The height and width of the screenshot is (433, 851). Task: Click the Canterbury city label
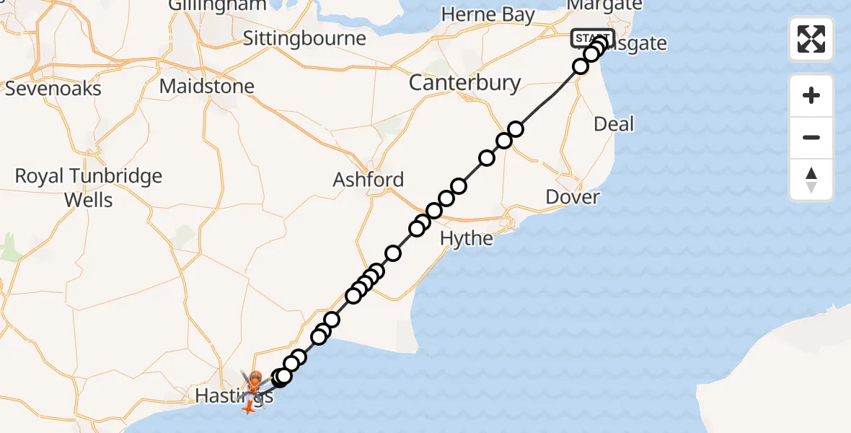coord(464,83)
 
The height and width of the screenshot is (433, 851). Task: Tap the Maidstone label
coord(207,87)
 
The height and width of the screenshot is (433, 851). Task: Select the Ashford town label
coord(369,180)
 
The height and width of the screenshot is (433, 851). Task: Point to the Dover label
coord(573,197)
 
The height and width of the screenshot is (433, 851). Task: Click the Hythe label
coord(467,238)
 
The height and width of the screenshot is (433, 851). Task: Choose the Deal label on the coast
coord(614,124)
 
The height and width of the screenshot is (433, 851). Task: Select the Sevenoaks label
coord(53,89)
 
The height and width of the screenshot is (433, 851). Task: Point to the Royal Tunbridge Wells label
coord(89,188)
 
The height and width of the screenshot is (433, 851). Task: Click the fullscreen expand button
coord(811,39)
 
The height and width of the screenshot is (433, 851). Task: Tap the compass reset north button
coord(811,180)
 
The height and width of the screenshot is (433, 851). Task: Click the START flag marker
coord(592,38)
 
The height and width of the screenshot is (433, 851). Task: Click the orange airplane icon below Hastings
coord(248,408)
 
